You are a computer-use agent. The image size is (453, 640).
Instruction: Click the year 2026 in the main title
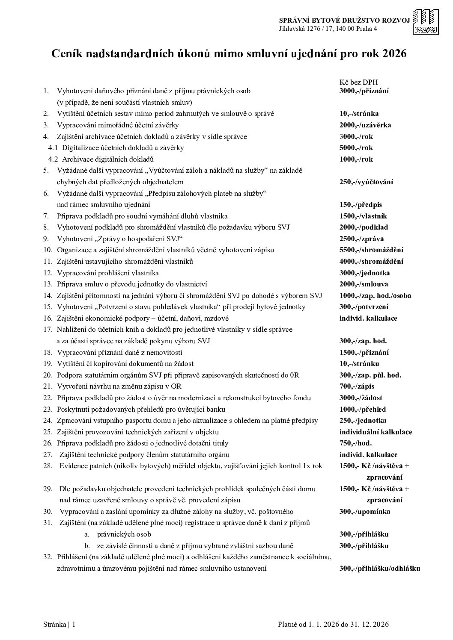pyautogui.click(x=394, y=54)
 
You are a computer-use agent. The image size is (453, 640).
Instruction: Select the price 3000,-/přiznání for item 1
pyautogui.click(x=364, y=91)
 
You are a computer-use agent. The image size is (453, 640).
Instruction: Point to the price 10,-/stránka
pyautogui.click(x=359, y=114)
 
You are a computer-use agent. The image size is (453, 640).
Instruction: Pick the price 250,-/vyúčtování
pyautogui.click(x=366, y=182)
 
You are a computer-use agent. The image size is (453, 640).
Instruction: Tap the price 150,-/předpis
pyautogui.click(x=361, y=204)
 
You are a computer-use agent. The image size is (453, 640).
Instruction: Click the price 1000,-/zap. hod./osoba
pyautogui.click(x=375, y=295)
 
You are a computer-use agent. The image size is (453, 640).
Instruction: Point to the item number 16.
pyautogui.click(x=48, y=319)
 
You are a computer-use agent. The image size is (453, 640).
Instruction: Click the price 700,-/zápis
pyautogui.click(x=357, y=386)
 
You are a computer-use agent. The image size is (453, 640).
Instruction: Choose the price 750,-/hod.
pyautogui.click(x=355, y=443)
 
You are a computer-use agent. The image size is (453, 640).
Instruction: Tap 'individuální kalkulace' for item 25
pyautogui.click(x=376, y=432)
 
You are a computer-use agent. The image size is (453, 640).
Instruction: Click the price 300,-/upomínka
pyautogui.click(x=365, y=512)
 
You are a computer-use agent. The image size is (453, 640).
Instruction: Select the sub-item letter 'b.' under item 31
pyautogui.click(x=87, y=546)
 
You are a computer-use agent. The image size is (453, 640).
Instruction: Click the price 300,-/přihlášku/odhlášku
pyautogui.click(x=379, y=569)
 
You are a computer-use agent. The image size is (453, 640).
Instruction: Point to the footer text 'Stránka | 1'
pyautogui.click(x=60, y=625)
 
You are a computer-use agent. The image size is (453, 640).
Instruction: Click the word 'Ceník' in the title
pyautogui.click(x=65, y=54)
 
